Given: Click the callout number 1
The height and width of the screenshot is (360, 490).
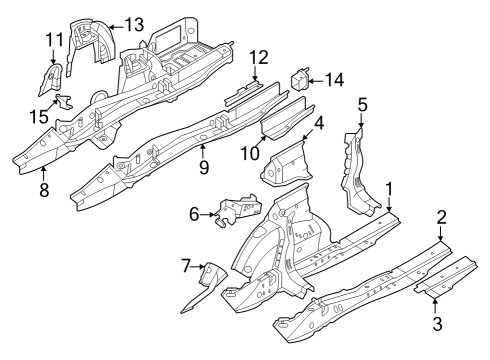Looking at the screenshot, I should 390,187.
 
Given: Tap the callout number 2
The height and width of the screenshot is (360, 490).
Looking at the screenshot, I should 441,216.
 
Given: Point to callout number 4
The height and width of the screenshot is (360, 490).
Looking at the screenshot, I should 318,125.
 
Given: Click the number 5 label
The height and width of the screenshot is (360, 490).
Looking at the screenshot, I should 363,103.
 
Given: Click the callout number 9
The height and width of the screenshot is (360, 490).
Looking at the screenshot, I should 203,168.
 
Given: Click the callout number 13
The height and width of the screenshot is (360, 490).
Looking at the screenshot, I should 133,23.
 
